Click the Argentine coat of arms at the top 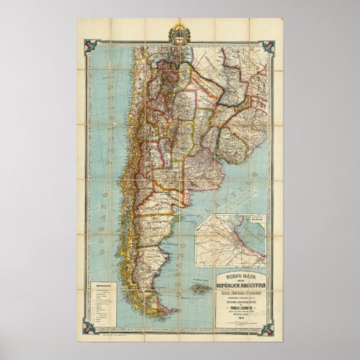pyautogui.click(x=179, y=37)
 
